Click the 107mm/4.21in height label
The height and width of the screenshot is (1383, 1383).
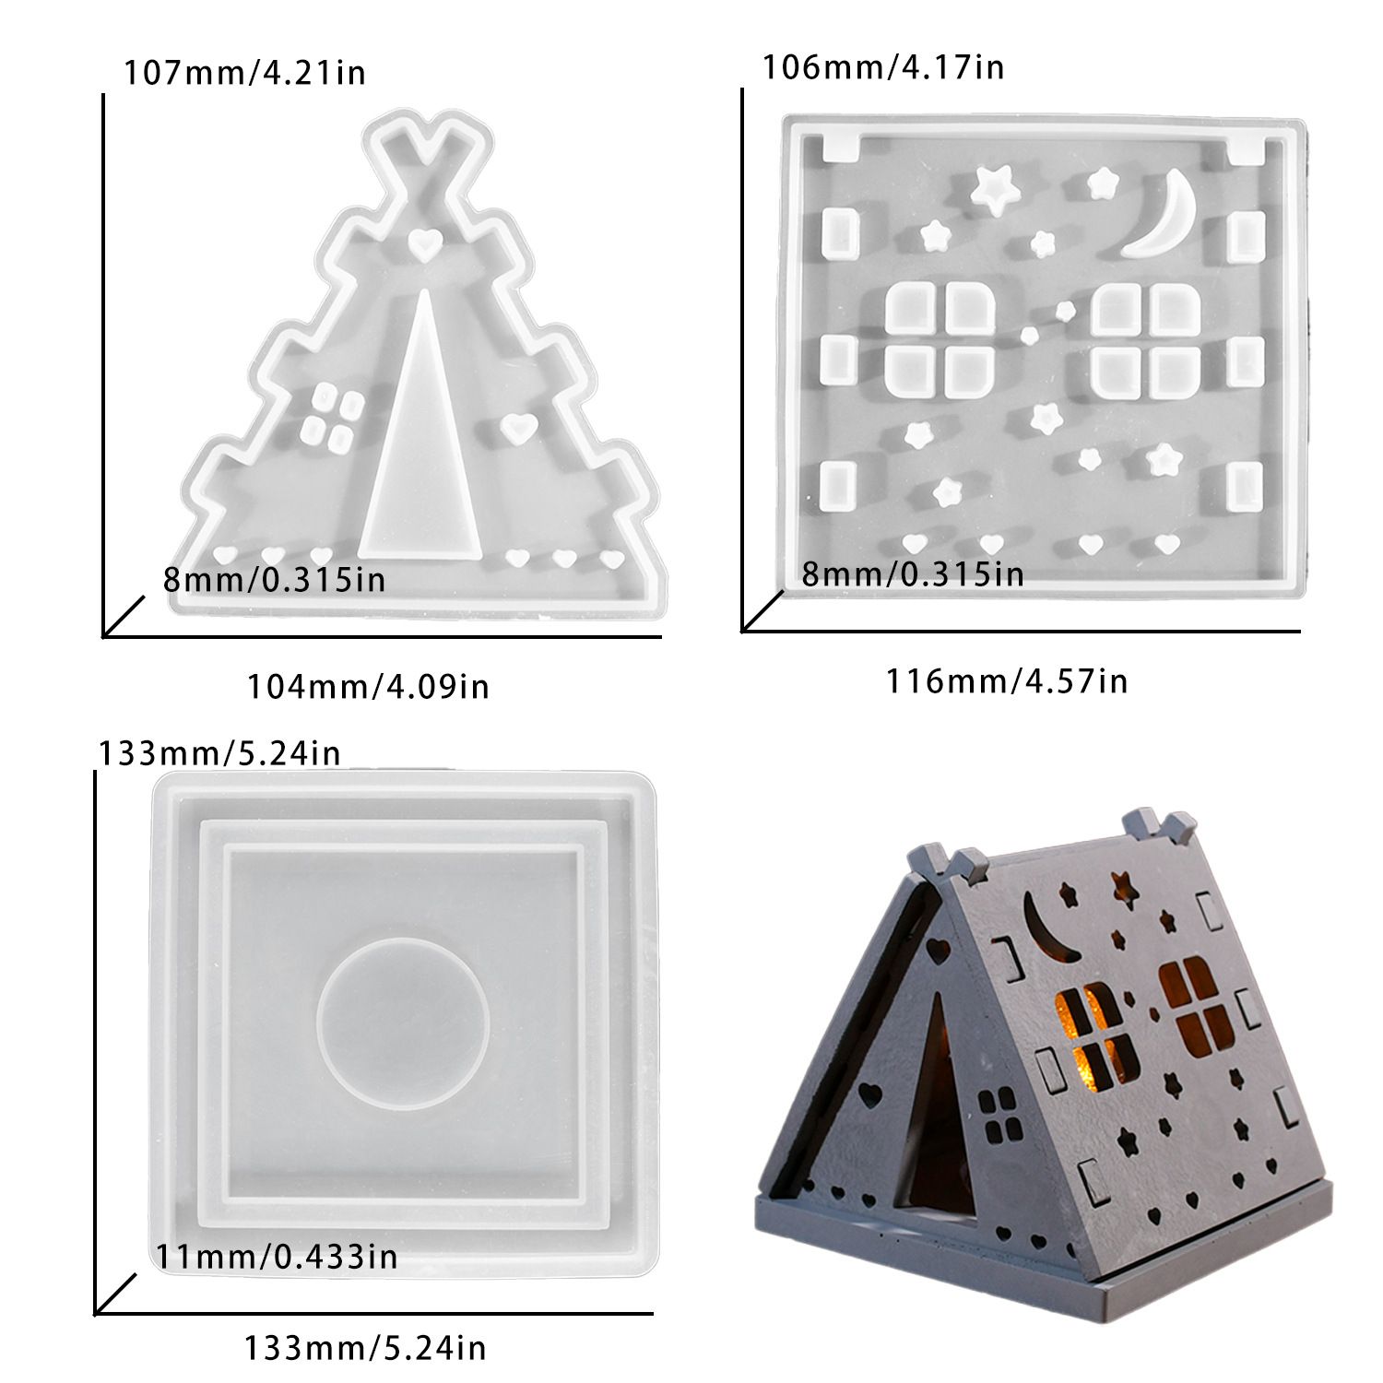click(x=245, y=72)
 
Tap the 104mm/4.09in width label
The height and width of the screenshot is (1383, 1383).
click(x=368, y=687)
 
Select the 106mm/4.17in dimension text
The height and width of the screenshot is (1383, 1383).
click(x=883, y=67)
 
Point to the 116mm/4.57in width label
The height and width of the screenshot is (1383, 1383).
click(x=1007, y=681)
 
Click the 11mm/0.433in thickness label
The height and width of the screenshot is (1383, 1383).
click(x=277, y=1256)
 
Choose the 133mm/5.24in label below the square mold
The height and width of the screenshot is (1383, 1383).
click(x=365, y=1349)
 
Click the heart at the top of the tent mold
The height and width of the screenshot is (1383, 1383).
click(x=424, y=243)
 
